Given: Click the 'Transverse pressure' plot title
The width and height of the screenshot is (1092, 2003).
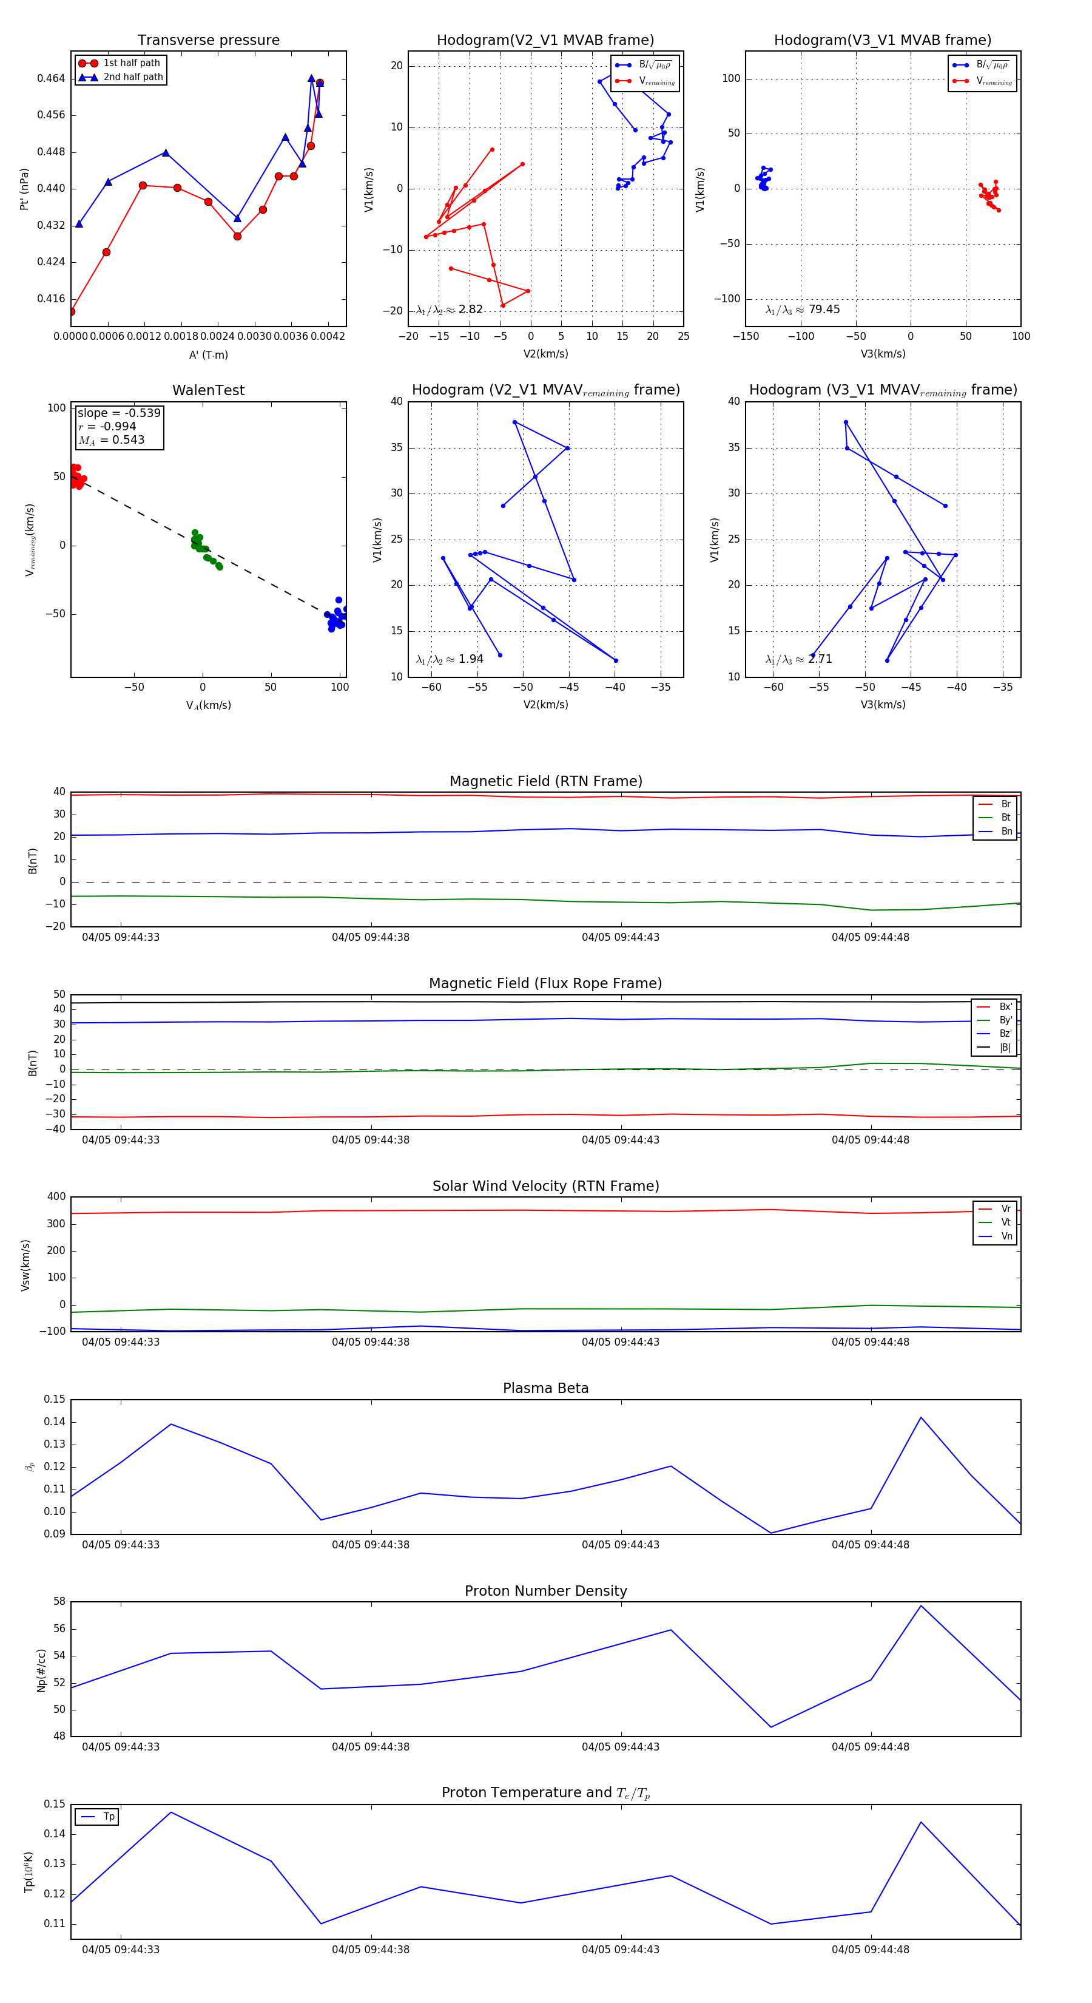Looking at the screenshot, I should [x=208, y=41].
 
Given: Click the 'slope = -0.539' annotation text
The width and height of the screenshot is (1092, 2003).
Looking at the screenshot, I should [x=119, y=413].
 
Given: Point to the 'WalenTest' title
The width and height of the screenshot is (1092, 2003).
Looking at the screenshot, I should [x=208, y=390].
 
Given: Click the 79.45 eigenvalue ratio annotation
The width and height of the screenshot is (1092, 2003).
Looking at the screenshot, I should [x=803, y=310].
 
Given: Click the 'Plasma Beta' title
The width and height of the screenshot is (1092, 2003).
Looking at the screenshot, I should [x=545, y=1388].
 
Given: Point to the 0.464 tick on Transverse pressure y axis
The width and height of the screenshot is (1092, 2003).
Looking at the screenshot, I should [x=52, y=78].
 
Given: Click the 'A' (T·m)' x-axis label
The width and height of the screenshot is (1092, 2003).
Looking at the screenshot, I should [x=208, y=354].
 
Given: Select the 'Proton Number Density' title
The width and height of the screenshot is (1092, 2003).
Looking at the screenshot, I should [x=545, y=1591].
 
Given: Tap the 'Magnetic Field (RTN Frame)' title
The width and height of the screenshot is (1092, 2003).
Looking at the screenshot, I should [x=545, y=781].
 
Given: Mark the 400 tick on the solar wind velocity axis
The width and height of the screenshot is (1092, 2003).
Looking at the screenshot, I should [x=56, y=1197].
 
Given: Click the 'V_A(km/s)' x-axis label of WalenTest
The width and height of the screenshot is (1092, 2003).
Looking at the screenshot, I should [x=208, y=705].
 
